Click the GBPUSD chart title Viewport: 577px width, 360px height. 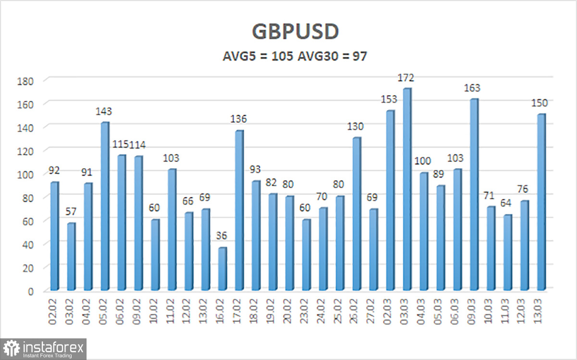pyautogui.click(x=295, y=32)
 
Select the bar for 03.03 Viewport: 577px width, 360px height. pyautogui.click(x=407, y=189)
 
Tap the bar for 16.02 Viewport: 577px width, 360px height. pyautogui.click(x=222, y=269)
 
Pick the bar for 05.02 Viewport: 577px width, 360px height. pyautogui.click(x=104, y=206)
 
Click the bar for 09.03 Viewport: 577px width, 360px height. pyautogui.click(x=474, y=195)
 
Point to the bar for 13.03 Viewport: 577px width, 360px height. pyautogui.click(x=541, y=202)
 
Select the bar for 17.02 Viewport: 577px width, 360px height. pyautogui.click(x=239, y=211)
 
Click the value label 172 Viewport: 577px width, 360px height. pyautogui.click(x=406, y=78)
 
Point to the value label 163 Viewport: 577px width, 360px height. pyautogui.click(x=472, y=88)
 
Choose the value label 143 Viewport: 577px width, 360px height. pyautogui.click(x=104, y=112)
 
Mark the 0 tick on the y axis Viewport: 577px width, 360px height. pyautogui.click(x=30, y=291)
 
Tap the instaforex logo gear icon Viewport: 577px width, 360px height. pyautogui.click(x=11, y=348)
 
